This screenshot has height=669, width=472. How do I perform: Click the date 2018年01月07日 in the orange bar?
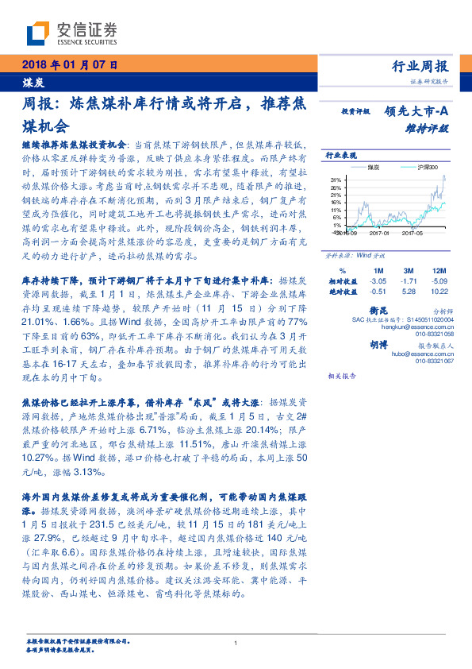[x=70, y=65]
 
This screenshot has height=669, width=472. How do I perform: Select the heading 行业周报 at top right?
[x=420, y=66]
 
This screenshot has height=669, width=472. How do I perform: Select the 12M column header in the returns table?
[x=439, y=271]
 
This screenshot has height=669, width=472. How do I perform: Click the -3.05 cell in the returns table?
[x=378, y=281]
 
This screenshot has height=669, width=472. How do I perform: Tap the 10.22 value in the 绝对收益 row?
[x=439, y=292]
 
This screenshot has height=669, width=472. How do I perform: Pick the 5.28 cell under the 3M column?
[x=409, y=292]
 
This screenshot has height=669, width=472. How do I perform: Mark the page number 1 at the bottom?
[x=236, y=643]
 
